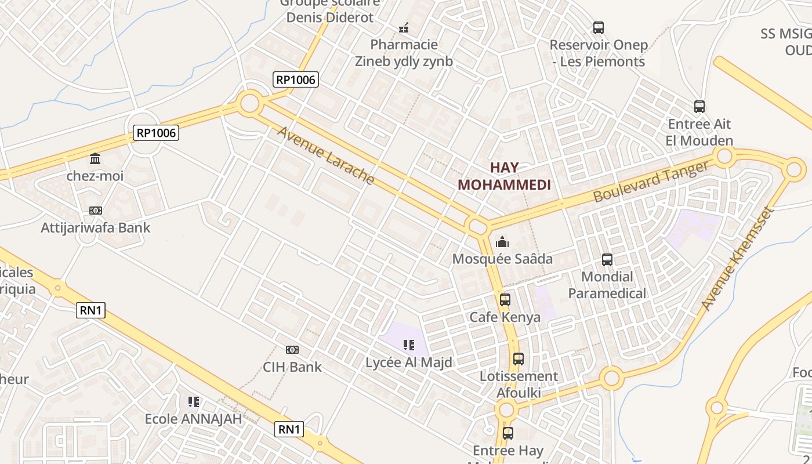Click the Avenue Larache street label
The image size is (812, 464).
pyautogui.click(x=325, y=155)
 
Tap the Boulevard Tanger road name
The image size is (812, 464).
pyautogui.click(x=651, y=182)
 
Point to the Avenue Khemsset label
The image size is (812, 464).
pyautogui.click(x=737, y=258)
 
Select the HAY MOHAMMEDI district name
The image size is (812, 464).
pyautogui.click(x=504, y=176)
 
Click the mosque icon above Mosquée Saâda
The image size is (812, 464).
pyautogui.click(x=502, y=241)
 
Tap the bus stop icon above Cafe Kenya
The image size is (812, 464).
pyautogui.click(x=505, y=300)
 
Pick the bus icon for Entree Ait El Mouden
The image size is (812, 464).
pyautogui.click(x=699, y=107)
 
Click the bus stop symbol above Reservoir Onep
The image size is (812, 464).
pyautogui.click(x=598, y=27)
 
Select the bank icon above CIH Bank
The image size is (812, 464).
pyautogui.click(x=292, y=350)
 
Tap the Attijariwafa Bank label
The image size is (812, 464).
pyautogui.click(x=96, y=227)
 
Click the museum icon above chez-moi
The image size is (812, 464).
pyautogui.click(x=95, y=158)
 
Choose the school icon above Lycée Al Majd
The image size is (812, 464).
pyautogui.click(x=409, y=346)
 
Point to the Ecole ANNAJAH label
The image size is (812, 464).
pyautogui.click(x=193, y=419)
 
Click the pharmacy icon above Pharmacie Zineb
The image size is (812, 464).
pyautogui.click(x=404, y=27)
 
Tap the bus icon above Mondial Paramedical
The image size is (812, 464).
pyautogui.click(x=607, y=260)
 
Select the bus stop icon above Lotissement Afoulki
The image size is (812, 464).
pyautogui.click(x=519, y=359)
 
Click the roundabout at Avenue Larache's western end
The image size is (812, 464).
pyautogui.click(x=249, y=103)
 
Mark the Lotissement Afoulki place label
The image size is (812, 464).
pyautogui.click(x=519, y=384)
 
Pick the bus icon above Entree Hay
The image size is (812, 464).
pyautogui.click(x=508, y=433)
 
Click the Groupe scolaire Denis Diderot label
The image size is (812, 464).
pyautogui.click(x=330, y=10)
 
